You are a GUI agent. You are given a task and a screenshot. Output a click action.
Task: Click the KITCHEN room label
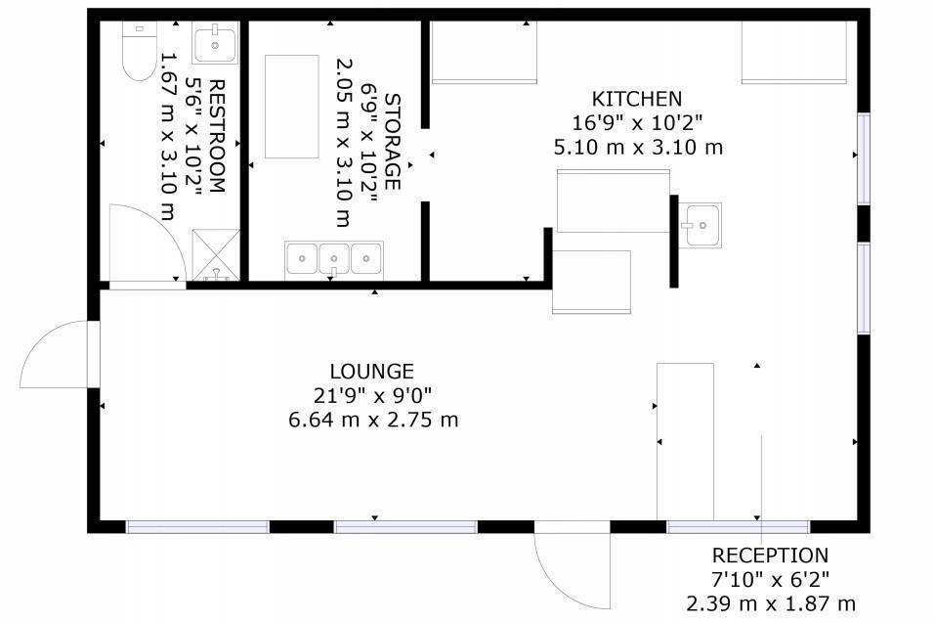pyautogui.click(x=636, y=99)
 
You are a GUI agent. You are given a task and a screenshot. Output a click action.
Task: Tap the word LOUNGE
pyautogui.click(x=371, y=372)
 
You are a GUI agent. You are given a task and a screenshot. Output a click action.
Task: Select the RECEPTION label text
pyautogui.click(x=770, y=556)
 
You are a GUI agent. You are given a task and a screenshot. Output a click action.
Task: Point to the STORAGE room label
pyautogui.click(x=393, y=142)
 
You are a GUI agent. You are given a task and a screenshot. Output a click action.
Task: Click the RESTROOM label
pyautogui.click(x=217, y=136)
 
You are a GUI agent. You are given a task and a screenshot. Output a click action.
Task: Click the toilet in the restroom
pyautogui.click(x=140, y=51)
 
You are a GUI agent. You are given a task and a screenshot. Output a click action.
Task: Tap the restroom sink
pyautogui.click(x=215, y=42)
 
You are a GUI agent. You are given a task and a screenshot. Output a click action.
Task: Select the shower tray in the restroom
pyautogui.click(x=216, y=255)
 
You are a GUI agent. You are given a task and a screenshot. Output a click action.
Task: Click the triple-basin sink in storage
pyautogui.click(x=334, y=260)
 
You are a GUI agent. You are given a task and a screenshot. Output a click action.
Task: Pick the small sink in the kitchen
pyautogui.click(x=701, y=225)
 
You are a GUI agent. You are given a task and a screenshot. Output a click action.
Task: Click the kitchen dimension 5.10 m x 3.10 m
pyautogui.click(x=638, y=147)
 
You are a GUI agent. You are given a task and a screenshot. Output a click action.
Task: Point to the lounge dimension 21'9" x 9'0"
pyautogui.click(x=372, y=395)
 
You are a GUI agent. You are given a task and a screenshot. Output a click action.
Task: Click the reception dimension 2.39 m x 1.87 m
pyautogui.click(x=771, y=603)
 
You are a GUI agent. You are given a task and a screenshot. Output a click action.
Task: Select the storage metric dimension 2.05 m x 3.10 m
pyautogui.click(x=342, y=142)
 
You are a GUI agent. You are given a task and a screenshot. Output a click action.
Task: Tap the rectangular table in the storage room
pyautogui.click(x=291, y=107)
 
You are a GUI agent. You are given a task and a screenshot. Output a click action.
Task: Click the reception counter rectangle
pyautogui.click(x=685, y=442)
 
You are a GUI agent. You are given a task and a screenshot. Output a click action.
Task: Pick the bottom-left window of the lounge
pyautogui.click(x=197, y=527)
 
